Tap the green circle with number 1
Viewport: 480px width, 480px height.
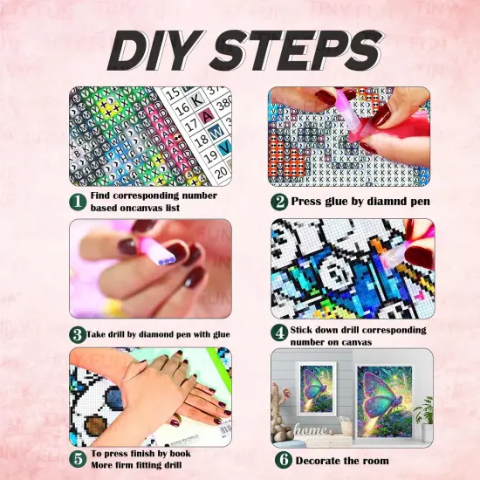[78, 201]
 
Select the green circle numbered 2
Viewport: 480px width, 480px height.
[278, 201]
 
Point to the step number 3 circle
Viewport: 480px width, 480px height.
[77, 333]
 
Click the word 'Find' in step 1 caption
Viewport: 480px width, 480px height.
[104, 195]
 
